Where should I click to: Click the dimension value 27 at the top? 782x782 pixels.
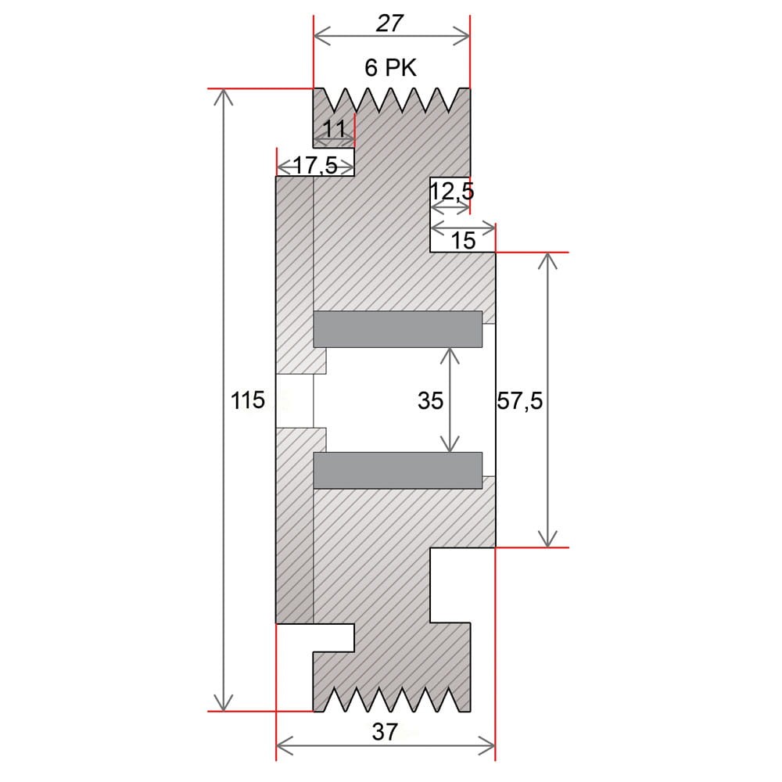(389, 23)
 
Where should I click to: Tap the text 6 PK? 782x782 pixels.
(390, 68)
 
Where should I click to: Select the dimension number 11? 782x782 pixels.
(334, 130)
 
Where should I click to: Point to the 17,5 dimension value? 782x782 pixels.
(315, 165)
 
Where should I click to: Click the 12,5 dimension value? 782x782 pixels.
(452, 192)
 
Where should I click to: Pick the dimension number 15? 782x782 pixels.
(463, 241)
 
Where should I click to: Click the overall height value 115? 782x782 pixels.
(247, 400)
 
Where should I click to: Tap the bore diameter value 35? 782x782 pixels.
(430, 400)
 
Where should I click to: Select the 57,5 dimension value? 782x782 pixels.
(520, 400)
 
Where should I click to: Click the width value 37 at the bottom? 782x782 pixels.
(385, 732)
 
